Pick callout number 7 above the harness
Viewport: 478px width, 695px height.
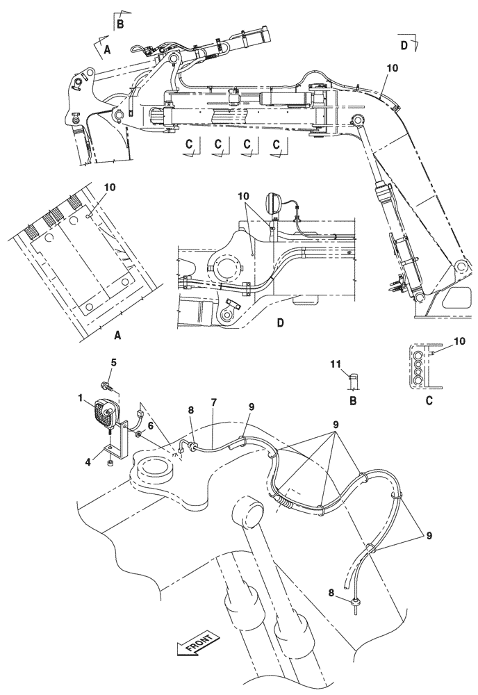coord(213,402)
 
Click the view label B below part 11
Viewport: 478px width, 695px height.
coord(353,401)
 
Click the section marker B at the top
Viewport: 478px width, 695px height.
coord(120,23)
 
